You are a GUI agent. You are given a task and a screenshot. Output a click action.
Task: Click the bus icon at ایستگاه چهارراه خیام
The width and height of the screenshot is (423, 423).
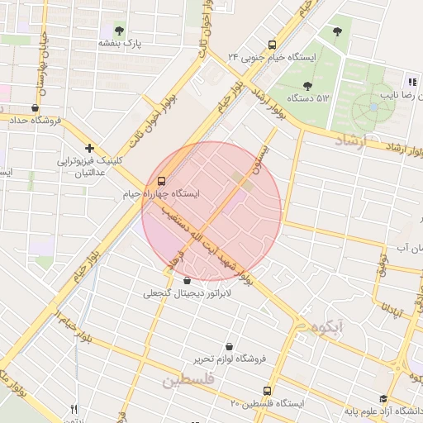[160, 182]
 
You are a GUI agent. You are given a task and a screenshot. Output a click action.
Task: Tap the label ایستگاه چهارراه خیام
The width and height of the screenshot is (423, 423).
[161, 194]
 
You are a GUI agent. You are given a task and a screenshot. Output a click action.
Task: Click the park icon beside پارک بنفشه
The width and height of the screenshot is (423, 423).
[121, 31]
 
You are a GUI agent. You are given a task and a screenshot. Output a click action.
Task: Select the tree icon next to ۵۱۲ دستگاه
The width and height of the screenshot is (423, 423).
[307, 85]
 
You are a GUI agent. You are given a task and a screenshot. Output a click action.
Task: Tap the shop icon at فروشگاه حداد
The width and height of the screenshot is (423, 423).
[34, 107]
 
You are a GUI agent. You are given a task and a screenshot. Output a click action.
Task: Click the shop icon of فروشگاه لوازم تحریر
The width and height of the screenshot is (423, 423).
[229, 347]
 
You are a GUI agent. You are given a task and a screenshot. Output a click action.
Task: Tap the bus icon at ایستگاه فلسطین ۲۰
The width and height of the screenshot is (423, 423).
[266, 391]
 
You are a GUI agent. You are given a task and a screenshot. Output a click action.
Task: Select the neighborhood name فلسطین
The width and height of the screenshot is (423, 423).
[188, 381]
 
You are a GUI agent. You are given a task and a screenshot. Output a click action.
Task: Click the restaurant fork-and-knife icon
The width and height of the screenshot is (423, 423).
[74, 409]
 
